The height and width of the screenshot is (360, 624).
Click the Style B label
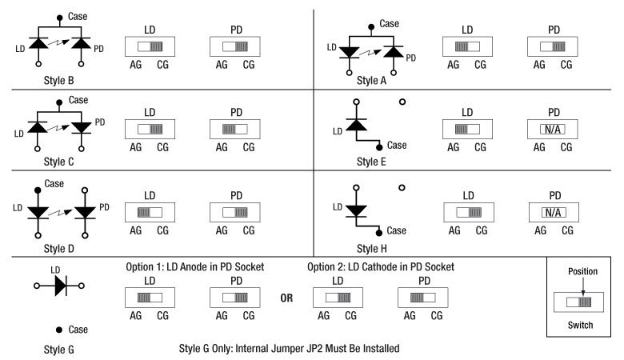[59, 80]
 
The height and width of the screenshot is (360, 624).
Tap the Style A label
[371, 80]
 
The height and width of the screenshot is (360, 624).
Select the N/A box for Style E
[552, 130]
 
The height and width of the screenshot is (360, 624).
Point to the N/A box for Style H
[554, 213]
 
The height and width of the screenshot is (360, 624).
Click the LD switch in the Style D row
[150, 213]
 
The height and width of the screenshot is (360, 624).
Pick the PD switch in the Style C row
[234, 130]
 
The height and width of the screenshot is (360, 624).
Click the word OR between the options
[286, 298]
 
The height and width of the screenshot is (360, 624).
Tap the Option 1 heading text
[195, 267]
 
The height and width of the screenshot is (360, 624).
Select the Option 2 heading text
[381, 267]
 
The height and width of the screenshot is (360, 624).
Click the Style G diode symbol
[61, 286]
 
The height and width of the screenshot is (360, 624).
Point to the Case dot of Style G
[59, 330]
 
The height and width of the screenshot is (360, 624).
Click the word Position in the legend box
[582, 272]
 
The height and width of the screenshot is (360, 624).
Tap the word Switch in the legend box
[580, 325]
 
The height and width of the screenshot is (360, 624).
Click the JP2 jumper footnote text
[290, 349]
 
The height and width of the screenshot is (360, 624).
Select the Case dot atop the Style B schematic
[60, 18]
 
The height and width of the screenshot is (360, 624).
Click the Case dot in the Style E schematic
[379, 147]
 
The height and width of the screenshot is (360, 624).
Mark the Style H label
[372, 249]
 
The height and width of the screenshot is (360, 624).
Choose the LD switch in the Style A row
[467, 46]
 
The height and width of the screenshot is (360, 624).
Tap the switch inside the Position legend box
[578, 302]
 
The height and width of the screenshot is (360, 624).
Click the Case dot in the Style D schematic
[38, 190]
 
